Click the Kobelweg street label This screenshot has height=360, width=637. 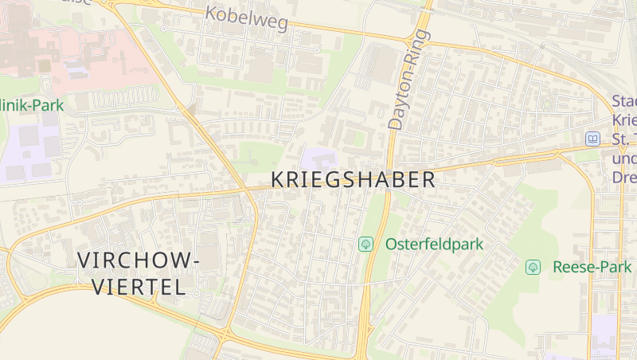(246, 18)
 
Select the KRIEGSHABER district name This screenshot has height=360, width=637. (354, 180)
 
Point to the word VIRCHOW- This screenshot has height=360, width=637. (139, 260)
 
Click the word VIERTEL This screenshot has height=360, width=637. (139, 287)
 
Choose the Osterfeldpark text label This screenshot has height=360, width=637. (434, 245)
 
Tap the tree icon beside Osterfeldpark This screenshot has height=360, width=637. (366, 245)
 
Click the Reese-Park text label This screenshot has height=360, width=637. (592, 267)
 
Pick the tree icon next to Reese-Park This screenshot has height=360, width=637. (533, 267)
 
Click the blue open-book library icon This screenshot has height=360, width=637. (592, 139)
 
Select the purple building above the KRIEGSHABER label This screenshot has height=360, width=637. (318, 157)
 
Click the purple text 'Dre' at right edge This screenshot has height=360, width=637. (624, 178)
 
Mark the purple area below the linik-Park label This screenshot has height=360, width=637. (32, 147)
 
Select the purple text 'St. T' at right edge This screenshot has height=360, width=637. (624, 140)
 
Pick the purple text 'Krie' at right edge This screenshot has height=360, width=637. (624, 121)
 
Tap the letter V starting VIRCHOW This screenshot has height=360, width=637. (85, 260)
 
